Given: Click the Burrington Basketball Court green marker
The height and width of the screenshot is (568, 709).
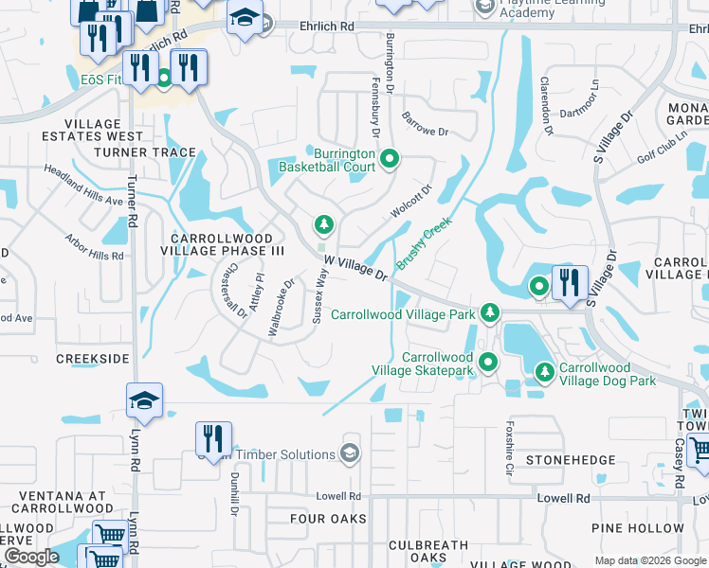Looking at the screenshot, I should point(389,158).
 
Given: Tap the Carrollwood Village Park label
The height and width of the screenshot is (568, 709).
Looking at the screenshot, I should point(404,313).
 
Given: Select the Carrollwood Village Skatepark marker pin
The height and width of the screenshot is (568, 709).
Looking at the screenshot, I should point(488,362).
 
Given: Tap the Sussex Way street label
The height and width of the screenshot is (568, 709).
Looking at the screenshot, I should point(320,295).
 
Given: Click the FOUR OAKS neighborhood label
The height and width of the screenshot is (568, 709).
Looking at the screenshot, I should point(328,519).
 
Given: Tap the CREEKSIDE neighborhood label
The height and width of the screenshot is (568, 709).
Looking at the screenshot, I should point(92,359).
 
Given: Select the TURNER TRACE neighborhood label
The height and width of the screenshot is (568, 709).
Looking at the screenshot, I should point(145,151).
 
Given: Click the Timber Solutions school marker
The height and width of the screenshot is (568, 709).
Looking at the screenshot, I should point(350,453).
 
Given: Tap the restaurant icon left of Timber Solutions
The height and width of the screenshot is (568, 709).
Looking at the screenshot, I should point(212,437).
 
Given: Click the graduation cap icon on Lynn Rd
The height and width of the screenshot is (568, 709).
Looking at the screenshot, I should point(144,400).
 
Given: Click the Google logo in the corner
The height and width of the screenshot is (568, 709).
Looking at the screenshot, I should point(30,557).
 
